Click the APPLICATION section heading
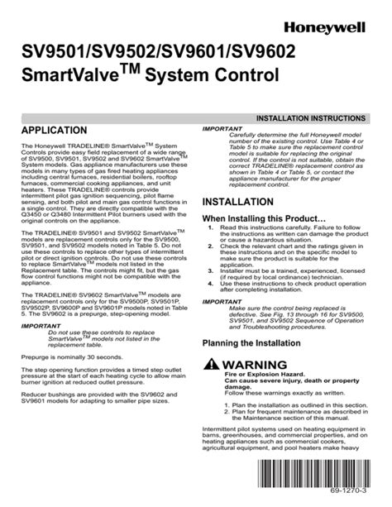57,131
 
